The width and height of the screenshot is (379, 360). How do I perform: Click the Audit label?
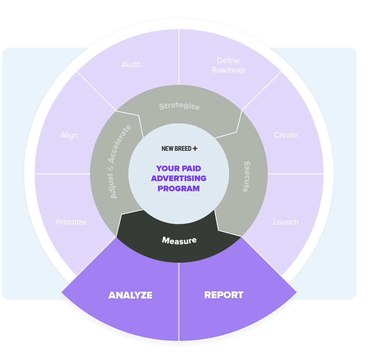click(x=131, y=65)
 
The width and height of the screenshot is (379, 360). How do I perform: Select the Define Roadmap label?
click(x=228, y=65)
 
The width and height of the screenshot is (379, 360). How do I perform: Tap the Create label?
click(x=285, y=135)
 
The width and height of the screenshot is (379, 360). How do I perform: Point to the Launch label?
click(x=286, y=222)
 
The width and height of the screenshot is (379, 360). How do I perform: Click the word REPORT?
click(x=224, y=295)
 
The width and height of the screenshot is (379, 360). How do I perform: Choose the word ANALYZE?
click(x=130, y=295)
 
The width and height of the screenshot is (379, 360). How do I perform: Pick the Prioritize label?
click(x=71, y=222)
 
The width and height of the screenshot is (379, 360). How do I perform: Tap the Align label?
click(x=69, y=135)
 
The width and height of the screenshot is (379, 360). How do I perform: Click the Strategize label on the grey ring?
click(x=179, y=106)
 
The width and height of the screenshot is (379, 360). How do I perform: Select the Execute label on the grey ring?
click(x=246, y=177)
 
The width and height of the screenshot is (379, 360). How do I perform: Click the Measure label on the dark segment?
click(x=179, y=240)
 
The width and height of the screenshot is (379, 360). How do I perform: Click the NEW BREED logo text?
click(x=176, y=149)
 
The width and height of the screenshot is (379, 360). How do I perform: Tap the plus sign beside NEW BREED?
click(x=195, y=148)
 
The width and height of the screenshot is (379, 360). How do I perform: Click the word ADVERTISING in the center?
click(x=179, y=179)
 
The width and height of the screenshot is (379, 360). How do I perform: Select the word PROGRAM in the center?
click(x=179, y=188)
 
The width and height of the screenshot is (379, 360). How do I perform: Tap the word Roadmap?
click(x=228, y=70)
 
